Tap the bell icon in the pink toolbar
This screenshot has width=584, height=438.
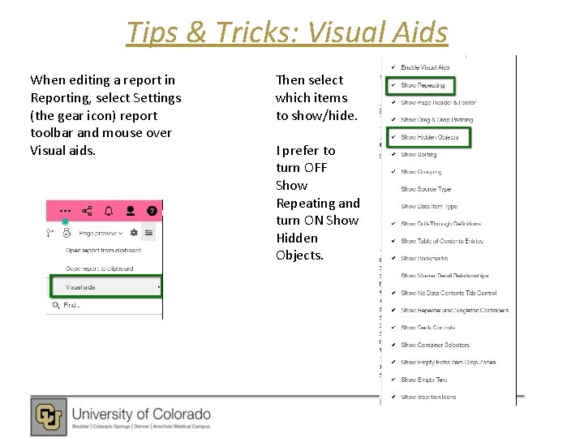109,211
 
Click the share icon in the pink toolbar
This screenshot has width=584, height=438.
87,211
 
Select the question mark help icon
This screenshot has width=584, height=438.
152,211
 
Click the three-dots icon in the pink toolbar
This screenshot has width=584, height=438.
65,211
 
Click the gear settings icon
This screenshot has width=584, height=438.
133,233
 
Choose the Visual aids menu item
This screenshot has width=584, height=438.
81,287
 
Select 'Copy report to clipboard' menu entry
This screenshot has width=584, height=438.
98,268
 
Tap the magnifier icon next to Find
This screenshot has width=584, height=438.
56,306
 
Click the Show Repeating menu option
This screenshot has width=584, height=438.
423,85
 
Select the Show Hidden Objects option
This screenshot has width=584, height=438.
429,137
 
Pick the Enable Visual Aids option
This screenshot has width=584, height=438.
424,67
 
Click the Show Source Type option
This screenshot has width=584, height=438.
426,189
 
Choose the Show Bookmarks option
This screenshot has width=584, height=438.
423,259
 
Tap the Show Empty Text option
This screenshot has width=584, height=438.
423,380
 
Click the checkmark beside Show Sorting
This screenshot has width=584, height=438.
392,154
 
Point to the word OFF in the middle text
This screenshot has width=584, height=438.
315,168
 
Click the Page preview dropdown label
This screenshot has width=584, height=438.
98,233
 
